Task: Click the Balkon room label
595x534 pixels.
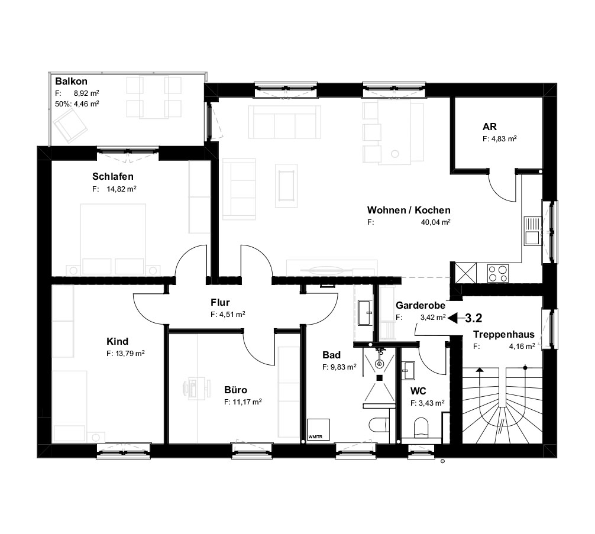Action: tap(71, 82)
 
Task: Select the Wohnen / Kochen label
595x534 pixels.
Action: tap(409, 211)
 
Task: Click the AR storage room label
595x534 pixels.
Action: tap(489, 127)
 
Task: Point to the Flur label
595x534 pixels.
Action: tap(220, 303)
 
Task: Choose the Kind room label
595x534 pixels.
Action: tap(117, 341)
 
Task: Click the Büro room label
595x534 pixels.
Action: tap(235, 390)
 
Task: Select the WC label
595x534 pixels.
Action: tap(419, 391)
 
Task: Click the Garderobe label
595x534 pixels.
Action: tap(420, 306)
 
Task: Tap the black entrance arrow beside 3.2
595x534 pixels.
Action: tap(455, 318)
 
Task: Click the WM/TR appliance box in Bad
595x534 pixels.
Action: tap(316, 430)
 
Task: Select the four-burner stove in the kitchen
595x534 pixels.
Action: tap(497, 273)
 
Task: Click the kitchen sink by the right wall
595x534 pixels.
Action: tap(531, 231)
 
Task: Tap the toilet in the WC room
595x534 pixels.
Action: tap(421, 427)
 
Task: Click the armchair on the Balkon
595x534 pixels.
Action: tap(70, 126)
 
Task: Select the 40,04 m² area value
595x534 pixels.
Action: tap(437, 223)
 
